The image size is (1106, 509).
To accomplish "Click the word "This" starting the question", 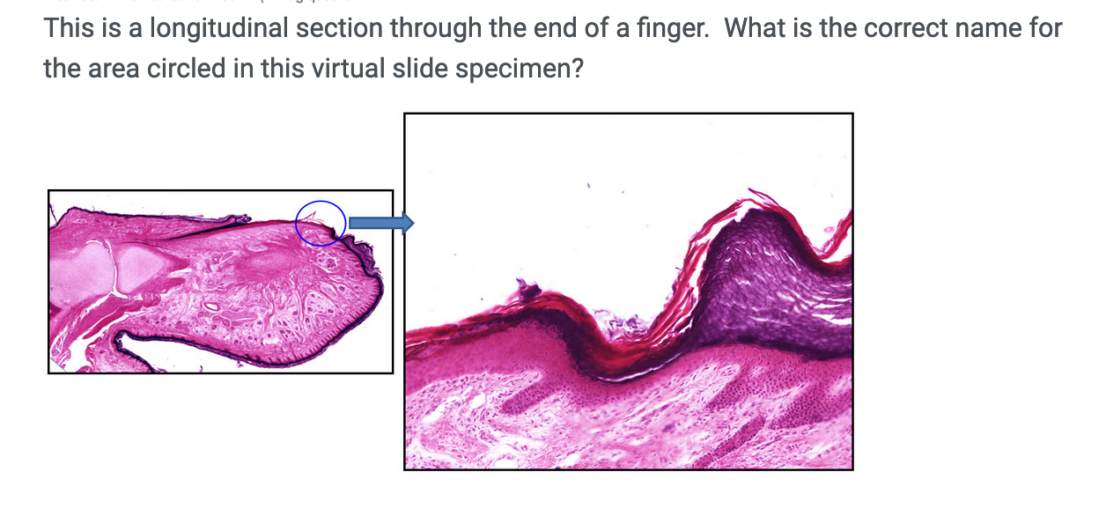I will tap(69, 29).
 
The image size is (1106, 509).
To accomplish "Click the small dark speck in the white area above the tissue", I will tap(588, 186).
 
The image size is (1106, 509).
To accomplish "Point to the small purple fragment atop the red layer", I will tap(527, 287).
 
